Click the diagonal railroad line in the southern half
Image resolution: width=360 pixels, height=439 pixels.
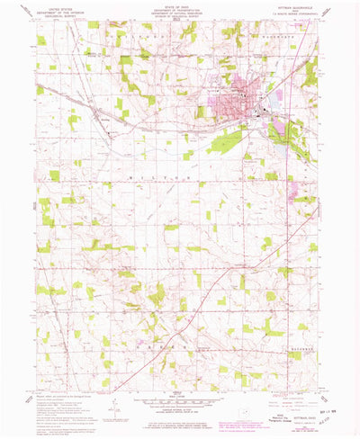[x=216, y=297]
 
